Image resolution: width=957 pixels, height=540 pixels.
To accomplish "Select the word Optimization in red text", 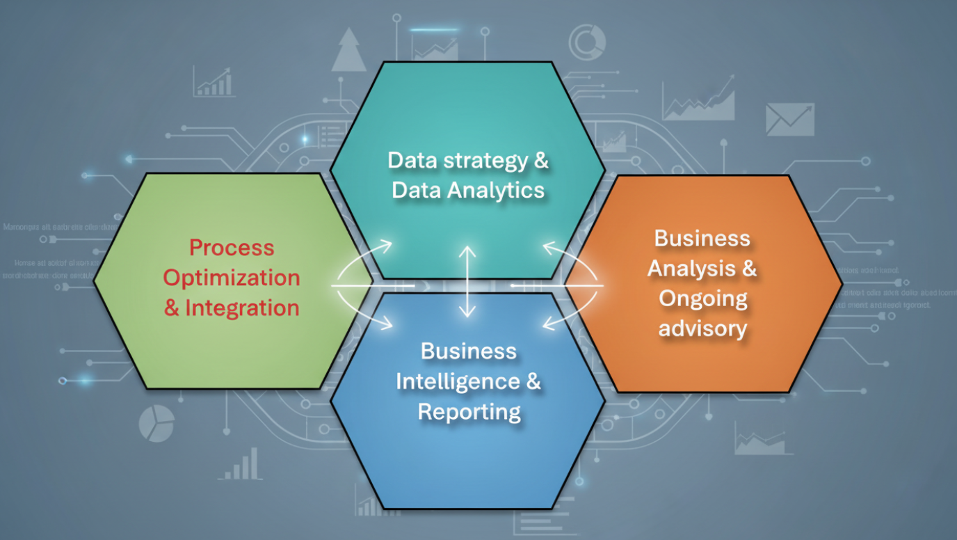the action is click(x=232, y=278).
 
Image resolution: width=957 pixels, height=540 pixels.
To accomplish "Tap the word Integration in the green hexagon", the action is click(x=242, y=308).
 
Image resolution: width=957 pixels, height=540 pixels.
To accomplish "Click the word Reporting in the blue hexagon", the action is click(x=469, y=411).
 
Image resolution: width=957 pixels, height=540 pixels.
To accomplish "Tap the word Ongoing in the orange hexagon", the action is click(x=703, y=299).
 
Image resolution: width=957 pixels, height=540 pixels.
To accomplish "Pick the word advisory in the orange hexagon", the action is click(x=703, y=328).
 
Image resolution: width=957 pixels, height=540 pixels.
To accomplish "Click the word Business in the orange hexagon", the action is click(x=702, y=238).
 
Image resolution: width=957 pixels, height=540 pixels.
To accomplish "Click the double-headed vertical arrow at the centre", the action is click(x=468, y=281).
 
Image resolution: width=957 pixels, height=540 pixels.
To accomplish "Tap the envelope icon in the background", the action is click(x=789, y=119).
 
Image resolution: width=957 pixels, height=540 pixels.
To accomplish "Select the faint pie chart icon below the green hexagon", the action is click(x=156, y=423).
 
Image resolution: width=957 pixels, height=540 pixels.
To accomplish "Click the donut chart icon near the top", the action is click(x=587, y=42).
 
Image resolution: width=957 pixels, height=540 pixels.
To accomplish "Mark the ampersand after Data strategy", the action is click(x=540, y=161).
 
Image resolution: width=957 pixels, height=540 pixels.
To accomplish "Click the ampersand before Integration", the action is click(x=171, y=308).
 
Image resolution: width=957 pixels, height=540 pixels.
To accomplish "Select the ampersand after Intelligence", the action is click(x=532, y=381).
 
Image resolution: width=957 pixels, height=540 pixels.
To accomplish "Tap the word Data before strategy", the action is click(x=408, y=161).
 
